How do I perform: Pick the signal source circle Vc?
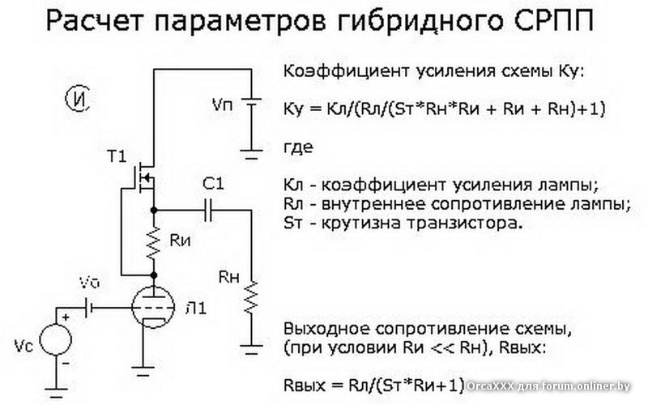[x=61, y=339]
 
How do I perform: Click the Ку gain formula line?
[x=446, y=109]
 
